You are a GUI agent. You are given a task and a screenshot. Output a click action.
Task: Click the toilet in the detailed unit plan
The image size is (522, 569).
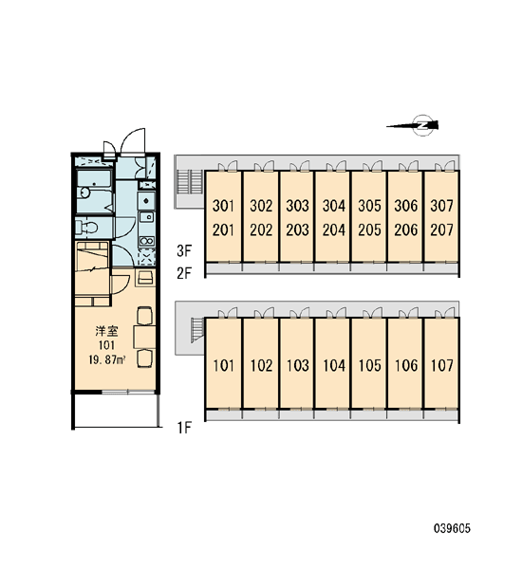point(86,228)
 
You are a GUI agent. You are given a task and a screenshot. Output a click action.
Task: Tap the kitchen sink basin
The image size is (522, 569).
point(147,217)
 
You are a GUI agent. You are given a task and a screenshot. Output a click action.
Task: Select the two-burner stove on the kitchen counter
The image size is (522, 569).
point(147,241)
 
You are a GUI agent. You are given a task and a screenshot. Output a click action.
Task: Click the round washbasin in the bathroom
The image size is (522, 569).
point(85,193)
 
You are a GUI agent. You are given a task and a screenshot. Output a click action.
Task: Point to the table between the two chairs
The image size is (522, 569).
point(145,337)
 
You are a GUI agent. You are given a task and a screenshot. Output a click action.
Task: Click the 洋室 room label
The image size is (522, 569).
point(106,331)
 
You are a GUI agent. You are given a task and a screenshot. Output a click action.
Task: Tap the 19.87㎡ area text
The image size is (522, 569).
point(107,360)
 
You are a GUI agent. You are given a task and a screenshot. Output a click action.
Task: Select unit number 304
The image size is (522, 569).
point(334,206)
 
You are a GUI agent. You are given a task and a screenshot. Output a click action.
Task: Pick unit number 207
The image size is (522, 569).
point(441,229)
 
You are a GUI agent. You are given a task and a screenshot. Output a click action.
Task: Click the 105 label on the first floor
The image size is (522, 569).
point(370,365)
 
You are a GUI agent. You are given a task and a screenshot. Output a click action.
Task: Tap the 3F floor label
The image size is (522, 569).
point(184,250)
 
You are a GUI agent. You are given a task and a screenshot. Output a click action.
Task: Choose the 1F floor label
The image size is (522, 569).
point(184,429)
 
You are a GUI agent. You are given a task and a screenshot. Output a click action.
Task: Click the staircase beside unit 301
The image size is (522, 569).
point(189,181)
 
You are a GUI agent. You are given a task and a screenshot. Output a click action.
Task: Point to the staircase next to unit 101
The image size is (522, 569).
point(196,329)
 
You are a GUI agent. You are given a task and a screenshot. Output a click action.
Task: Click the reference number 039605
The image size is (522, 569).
point(452,528)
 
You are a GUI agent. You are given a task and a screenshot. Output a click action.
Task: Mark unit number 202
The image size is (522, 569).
point(261,229)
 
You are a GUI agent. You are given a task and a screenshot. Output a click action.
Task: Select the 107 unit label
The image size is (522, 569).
point(441,365)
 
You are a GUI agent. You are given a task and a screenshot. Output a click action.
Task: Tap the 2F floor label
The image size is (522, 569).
point(184,273)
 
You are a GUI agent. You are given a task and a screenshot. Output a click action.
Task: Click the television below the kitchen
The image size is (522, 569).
point(145,278)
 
